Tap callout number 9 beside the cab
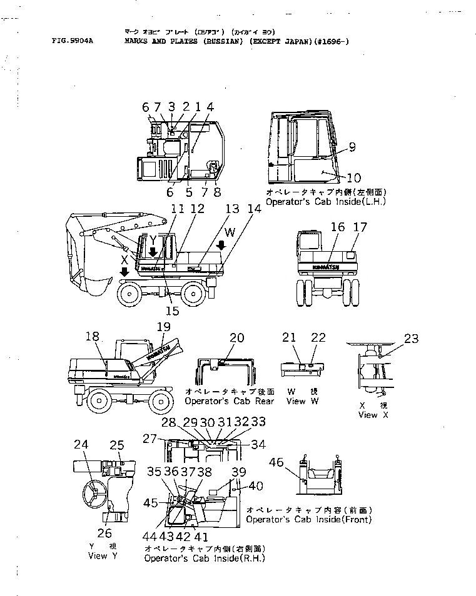coord(352,147)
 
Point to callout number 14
coord(255,211)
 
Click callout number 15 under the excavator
coord(172,310)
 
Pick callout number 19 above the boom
coord(163,326)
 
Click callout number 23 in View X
coord(411,340)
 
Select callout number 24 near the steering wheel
coord(81,445)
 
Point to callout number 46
coord(276,462)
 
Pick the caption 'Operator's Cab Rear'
coord(223,400)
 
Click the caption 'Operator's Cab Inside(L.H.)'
coord(325,202)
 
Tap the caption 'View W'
coord(303,400)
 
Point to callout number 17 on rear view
coord(360,227)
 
